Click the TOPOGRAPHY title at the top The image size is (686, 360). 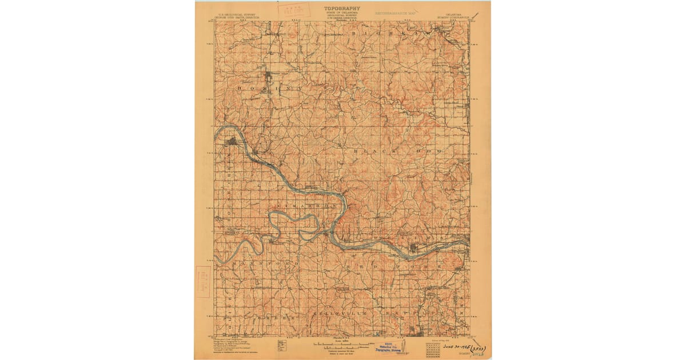coord(342,9)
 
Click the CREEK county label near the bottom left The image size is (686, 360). coord(274,315)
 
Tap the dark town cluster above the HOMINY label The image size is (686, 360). coord(269,78)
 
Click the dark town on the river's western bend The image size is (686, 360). coord(232,141)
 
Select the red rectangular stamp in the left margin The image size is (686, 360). coord(204,281)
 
